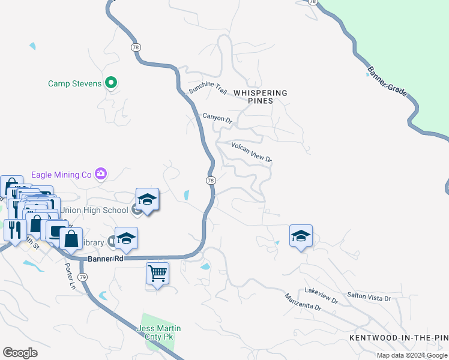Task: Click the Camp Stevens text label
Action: tap(74, 83)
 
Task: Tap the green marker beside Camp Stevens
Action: tap(111, 83)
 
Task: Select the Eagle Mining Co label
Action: tap(63, 175)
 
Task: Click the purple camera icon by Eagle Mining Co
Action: tap(101, 175)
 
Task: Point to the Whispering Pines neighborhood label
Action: tap(261, 97)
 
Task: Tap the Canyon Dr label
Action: tap(217, 118)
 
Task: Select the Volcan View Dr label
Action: tap(252, 152)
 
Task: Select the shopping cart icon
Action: tap(157, 274)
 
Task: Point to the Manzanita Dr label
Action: tap(303, 302)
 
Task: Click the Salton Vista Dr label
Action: tap(369, 297)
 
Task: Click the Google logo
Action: tap(20, 353)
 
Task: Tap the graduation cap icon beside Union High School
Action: tap(147, 199)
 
